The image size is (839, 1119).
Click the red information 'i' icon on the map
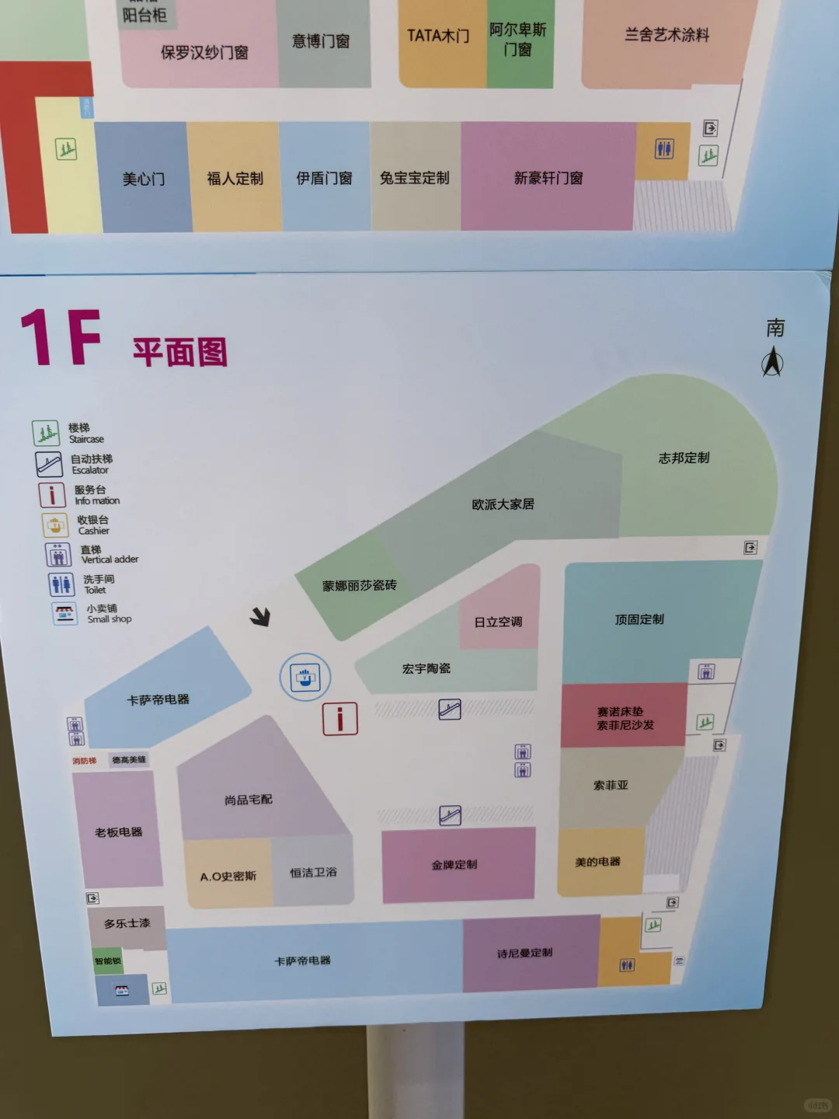[x=340, y=719]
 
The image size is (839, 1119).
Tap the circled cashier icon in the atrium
[x=305, y=677]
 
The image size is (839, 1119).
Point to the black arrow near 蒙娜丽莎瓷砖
[x=260, y=617]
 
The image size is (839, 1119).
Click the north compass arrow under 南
[x=772, y=362]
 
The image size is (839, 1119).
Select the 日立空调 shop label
[x=498, y=622]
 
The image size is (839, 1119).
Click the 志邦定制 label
[x=684, y=458]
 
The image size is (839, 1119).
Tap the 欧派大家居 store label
[x=503, y=504]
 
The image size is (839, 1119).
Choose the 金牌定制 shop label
[x=454, y=864]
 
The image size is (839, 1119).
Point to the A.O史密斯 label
[x=228, y=877]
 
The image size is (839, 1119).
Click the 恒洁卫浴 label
[x=313, y=873]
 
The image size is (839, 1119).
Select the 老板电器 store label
[x=119, y=832]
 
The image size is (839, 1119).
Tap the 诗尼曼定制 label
[x=525, y=953]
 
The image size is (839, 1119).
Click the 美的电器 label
[x=597, y=862]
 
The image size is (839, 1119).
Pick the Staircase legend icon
[x=46, y=434]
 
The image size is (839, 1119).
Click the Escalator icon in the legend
[x=49, y=464]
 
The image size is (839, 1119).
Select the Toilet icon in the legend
[x=61, y=584]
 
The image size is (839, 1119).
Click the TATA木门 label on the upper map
[x=438, y=36]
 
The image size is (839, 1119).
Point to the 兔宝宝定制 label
[x=414, y=178]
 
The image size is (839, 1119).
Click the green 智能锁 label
[x=108, y=961]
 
